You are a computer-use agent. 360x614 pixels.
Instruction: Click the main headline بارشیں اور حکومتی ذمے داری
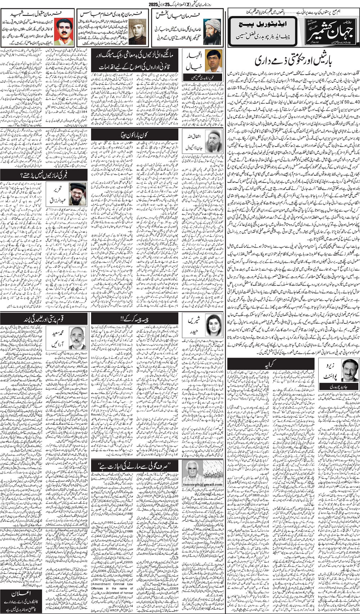292,60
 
